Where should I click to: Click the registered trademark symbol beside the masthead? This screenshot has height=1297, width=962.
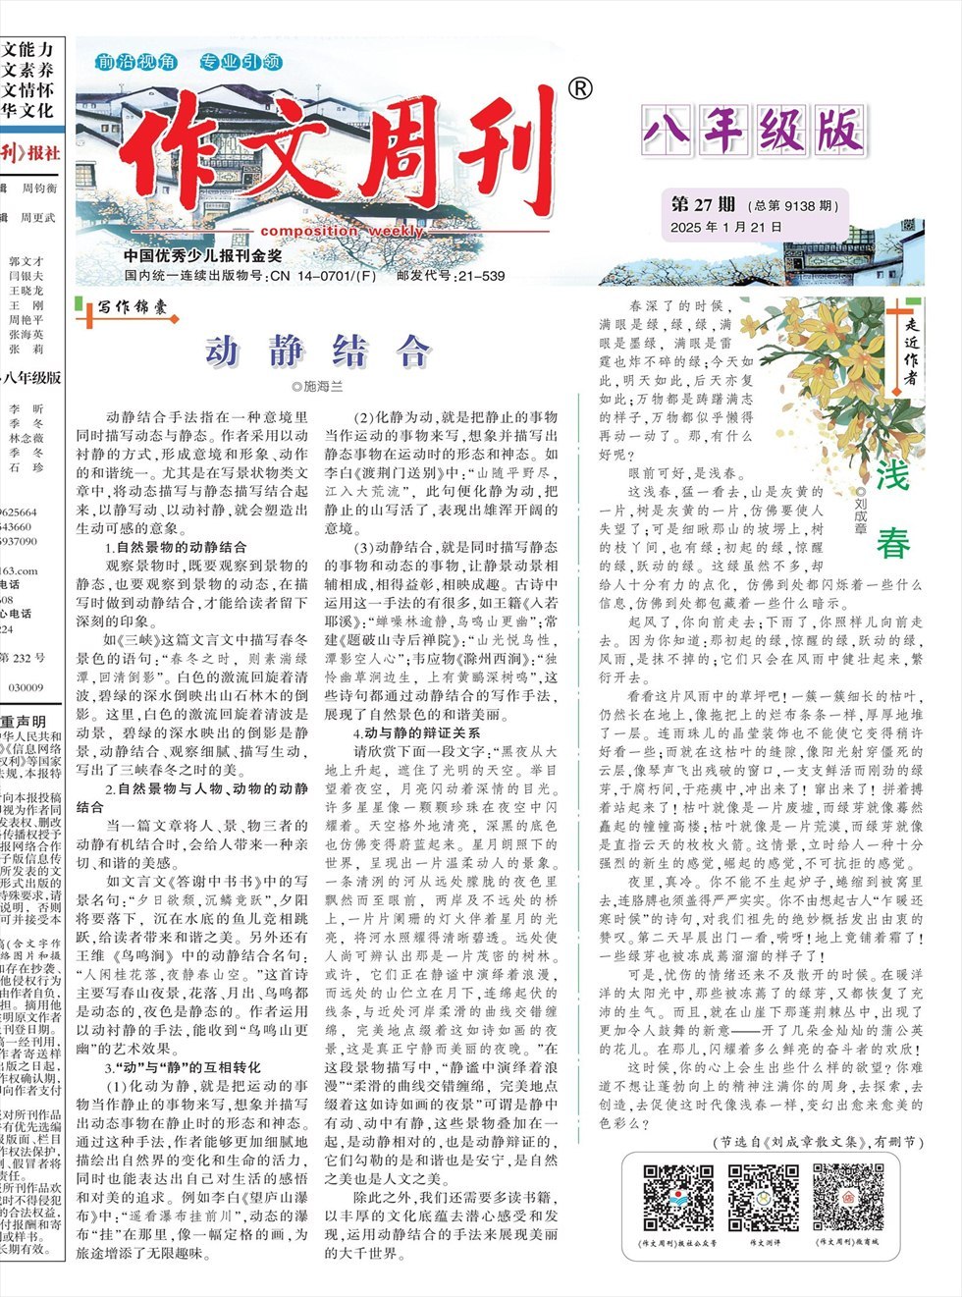click(x=580, y=89)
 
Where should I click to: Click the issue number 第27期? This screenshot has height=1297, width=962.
click(x=703, y=204)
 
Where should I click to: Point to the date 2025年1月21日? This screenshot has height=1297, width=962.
click(x=726, y=227)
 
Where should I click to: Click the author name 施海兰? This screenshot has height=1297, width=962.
click(x=317, y=386)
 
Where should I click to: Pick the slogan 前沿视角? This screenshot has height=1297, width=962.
click(x=135, y=62)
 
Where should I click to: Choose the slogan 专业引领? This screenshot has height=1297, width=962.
click(x=240, y=62)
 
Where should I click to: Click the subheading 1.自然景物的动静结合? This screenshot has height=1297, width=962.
click(x=176, y=547)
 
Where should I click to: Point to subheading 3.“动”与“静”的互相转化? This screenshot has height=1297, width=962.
click(x=183, y=1066)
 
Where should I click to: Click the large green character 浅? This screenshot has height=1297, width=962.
click(x=892, y=474)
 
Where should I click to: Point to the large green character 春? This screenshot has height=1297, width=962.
click(x=892, y=543)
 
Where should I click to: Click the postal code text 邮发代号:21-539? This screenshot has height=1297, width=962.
click(x=451, y=276)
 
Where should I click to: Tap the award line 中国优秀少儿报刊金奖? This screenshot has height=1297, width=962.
click(x=203, y=256)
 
